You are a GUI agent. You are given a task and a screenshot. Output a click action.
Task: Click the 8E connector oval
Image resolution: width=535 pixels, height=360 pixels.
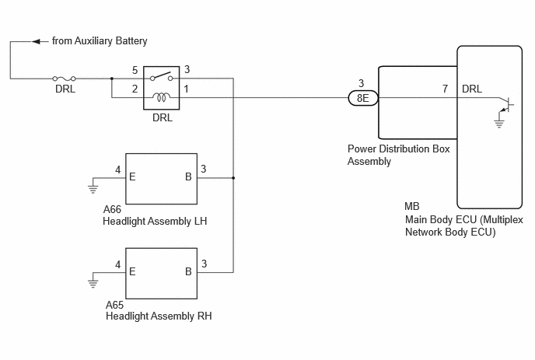(x=363, y=98)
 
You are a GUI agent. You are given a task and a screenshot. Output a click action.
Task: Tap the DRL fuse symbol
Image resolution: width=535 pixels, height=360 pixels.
(x=64, y=79)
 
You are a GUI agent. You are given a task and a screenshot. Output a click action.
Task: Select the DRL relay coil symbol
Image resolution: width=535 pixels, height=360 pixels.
(x=162, y=98)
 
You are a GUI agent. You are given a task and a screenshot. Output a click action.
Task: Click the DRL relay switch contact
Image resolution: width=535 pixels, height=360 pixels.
(x=162, y=76)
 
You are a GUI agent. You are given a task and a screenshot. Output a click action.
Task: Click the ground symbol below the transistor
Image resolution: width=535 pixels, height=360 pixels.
(x=498, y=123)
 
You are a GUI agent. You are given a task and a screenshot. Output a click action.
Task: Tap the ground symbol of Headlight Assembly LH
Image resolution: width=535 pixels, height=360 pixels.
(x=93, y=189)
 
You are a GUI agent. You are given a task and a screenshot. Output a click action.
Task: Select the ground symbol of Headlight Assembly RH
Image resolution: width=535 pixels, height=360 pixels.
(x=93, y=284)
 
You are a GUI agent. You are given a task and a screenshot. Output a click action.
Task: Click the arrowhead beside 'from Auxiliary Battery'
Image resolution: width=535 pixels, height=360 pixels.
(x=37, y=42)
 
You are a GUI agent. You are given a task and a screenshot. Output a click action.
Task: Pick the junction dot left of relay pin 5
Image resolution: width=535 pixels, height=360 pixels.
(x=112, y=79)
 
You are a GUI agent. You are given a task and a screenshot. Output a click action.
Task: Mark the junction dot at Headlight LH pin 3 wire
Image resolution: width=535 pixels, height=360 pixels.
(x=233, y=178)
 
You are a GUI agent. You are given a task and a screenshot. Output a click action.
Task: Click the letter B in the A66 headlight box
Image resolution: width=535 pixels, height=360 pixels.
(x=188, y=177)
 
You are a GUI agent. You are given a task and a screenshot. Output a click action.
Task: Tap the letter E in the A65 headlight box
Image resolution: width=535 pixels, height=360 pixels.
(x=132, y=271)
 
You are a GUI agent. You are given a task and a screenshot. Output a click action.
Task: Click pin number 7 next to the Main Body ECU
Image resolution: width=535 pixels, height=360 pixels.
(x=445, y=89)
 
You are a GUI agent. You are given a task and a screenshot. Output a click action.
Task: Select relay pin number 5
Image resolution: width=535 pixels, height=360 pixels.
(x=135, y=70)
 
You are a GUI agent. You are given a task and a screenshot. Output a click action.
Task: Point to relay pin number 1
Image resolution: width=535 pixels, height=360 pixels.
(x=187, y=89)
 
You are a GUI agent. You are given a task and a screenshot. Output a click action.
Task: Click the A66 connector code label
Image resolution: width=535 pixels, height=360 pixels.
(x=112, y=209)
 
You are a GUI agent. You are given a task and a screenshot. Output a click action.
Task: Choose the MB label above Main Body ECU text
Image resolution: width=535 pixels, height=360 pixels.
(x=412, y=206)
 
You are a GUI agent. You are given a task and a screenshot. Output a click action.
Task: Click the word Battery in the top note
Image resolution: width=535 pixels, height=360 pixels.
(x=131, y=41)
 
